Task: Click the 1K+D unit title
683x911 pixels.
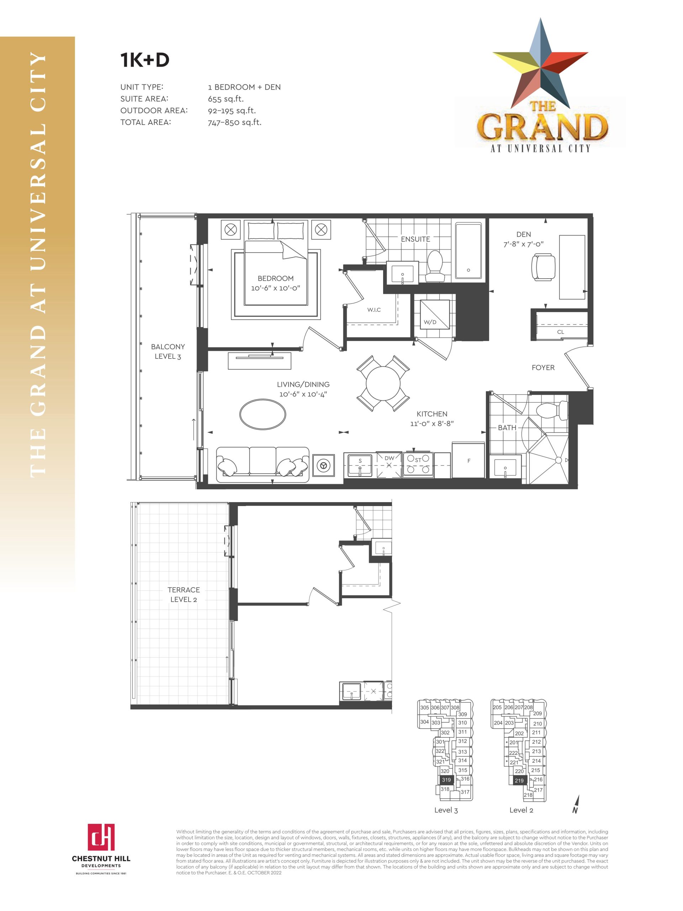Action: [144, 60]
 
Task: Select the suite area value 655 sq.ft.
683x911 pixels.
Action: [226, 99]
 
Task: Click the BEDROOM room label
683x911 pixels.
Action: [275, 278]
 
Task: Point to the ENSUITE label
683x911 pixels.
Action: [415, 239]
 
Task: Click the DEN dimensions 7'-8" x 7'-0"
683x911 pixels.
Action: [523, 244]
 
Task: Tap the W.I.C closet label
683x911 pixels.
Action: [374, 310]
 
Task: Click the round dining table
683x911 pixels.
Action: [383, 383]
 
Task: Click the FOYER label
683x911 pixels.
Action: [543, 368]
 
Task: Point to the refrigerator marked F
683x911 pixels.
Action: [468, 460]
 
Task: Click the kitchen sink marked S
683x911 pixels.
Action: [360, 465]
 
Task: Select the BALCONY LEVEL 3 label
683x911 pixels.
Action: [168, 352]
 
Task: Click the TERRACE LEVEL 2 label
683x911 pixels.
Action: [184, 595]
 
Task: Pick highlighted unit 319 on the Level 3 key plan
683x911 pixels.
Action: [446, 780]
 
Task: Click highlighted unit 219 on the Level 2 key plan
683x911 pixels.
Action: [519, 780]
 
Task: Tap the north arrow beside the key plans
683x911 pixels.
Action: [576, 804]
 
